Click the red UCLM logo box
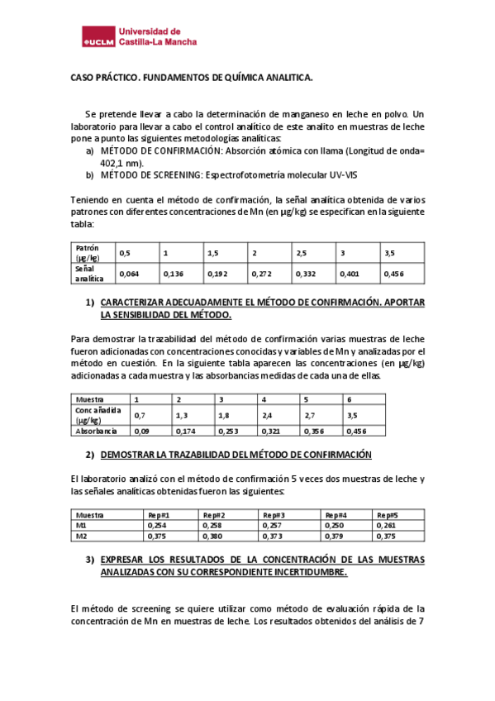click(x=98, y=38)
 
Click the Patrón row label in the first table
click(x=87, y=248)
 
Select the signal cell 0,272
click(x=262, y=273)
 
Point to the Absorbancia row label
click(x=97, y=431)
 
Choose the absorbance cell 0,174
click(x=186, y=431)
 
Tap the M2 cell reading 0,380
click(x=213, y=536)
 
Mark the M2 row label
click(x=80, y=536)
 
